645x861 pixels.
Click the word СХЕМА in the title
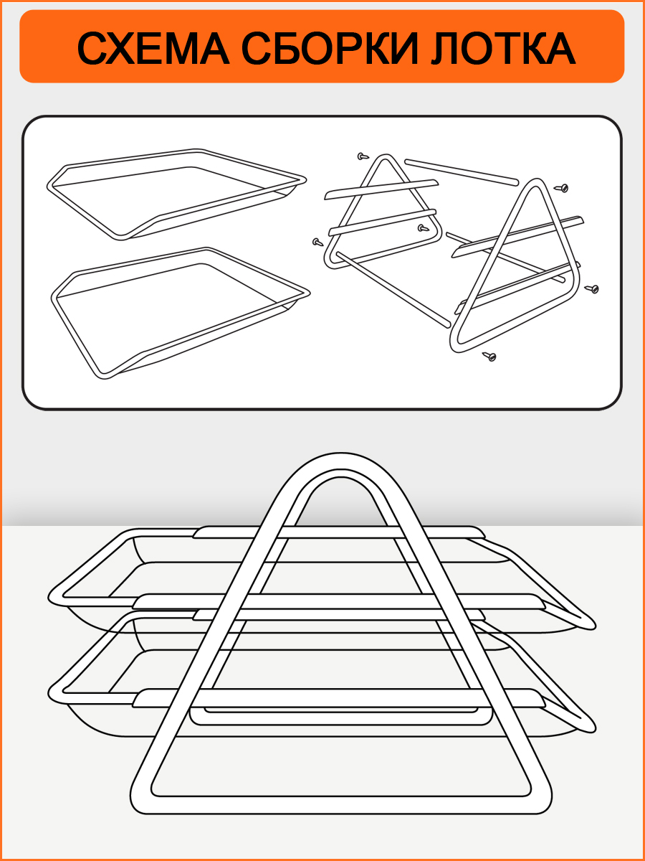click(x=153, y=48)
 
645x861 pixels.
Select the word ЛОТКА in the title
click(x=503, y=48)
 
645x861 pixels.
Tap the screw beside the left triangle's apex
click(x=363, y=156)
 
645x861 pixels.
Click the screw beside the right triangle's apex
click(x=562, y=188)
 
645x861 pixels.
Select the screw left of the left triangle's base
click(x=317, y=243)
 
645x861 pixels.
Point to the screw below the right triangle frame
click(x=489, y=356)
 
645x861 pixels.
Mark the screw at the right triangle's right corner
click(x=592, y=288)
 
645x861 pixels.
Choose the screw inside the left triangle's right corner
click(x=423, y=228)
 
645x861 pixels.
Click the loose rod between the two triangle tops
click(x=462, y=171)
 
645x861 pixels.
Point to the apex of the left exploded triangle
click(x=386, y=156)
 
